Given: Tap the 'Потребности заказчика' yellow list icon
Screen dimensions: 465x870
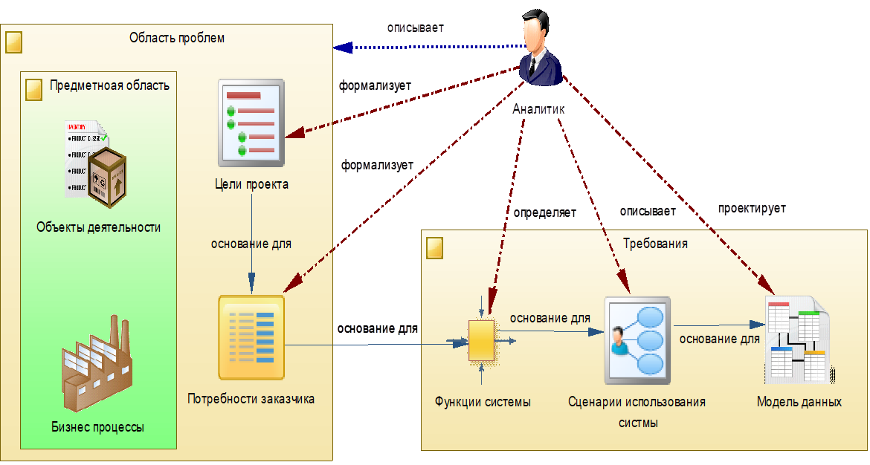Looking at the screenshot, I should (251, 338).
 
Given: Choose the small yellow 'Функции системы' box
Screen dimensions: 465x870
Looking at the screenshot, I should (482, 340).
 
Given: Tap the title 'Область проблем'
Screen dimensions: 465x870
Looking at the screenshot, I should (176, 37).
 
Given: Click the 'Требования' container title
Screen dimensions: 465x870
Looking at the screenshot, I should (655, 244).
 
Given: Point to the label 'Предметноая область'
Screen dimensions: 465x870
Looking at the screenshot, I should (109, 85).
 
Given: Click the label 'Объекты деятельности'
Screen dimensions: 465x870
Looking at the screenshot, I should (98, 227).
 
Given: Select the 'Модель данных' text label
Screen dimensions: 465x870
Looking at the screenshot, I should (799, 402).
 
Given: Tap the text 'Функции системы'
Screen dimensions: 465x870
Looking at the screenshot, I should (483, 402).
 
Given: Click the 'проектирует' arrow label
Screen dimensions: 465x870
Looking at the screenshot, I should (751, 209).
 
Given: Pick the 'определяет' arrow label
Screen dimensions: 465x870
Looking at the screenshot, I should (544, 213).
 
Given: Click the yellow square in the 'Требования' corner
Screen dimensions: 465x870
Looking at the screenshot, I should (434, 248).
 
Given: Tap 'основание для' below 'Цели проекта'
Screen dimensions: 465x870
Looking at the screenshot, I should (251, 243).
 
